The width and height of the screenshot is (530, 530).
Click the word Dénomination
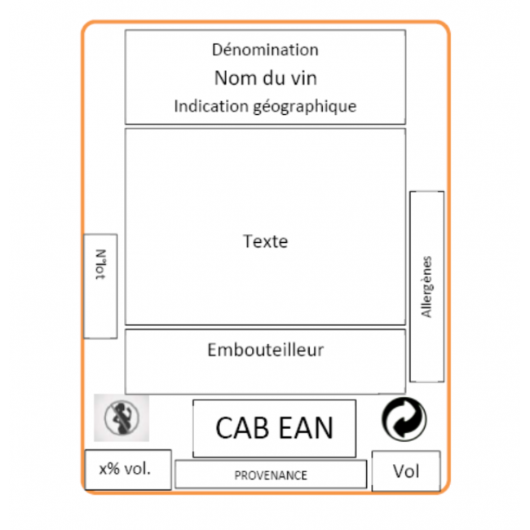click(265, 50)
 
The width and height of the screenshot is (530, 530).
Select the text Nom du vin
click(265, 78)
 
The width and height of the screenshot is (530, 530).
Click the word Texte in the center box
click(265, 241)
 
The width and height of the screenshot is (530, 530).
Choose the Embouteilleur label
click(265, 351)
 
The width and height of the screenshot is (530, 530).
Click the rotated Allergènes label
click(426, 287)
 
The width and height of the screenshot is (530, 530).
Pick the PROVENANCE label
click(271, 475)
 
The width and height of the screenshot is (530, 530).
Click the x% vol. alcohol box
click(128, 470)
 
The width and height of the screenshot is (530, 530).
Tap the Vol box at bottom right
click(406, 471)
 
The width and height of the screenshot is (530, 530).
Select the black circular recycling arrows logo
click(404, 419)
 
